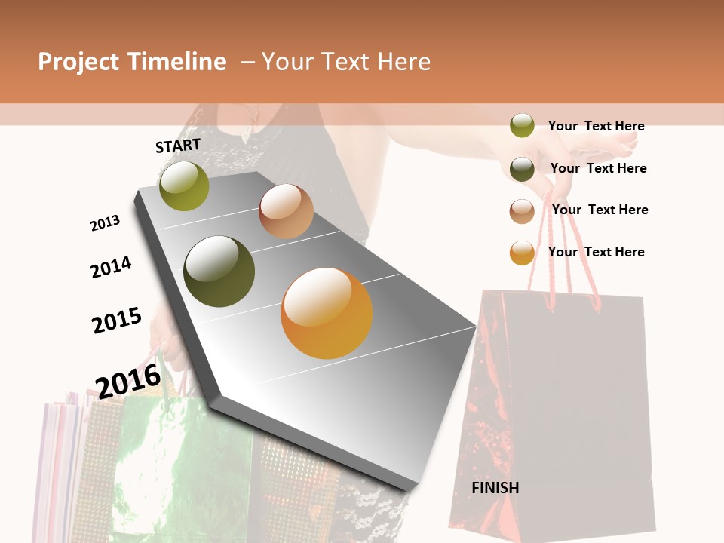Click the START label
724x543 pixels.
178,146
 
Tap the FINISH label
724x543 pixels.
495,488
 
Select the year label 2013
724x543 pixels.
105,222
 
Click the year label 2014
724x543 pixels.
111,267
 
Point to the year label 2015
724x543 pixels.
116,320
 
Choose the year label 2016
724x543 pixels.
128,380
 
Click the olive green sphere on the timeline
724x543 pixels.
184,186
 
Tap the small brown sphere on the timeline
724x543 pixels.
286,211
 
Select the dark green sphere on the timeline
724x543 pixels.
219,271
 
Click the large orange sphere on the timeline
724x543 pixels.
327,313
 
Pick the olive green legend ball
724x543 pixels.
522,125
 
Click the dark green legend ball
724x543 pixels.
522,169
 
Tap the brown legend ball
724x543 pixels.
522,211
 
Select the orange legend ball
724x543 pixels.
522,253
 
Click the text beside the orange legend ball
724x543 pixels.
596,252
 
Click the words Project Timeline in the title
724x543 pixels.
132,62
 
